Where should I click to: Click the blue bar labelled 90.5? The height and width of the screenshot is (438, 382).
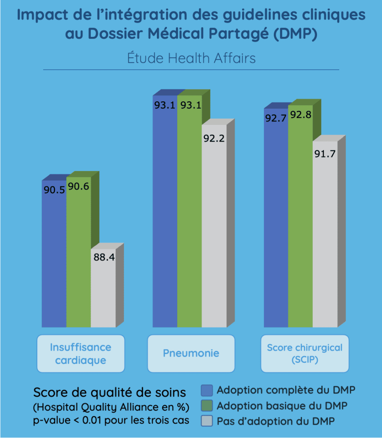click(x=54, y=257)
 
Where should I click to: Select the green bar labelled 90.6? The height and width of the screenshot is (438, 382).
click(x=79, y=257)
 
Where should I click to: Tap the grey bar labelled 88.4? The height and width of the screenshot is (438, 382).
click(x=103, y=291)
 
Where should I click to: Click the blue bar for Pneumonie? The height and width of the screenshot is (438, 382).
click(x=165, y=214)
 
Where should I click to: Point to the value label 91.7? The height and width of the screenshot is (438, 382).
click(x=325, y=154)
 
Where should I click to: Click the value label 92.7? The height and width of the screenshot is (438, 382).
click(x=275, y=118)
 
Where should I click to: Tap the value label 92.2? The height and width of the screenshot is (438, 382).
click(x=214, y=138)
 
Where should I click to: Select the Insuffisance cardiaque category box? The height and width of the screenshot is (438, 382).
click(x=80, y=353)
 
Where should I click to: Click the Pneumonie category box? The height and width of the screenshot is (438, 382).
click(x=191, y=353)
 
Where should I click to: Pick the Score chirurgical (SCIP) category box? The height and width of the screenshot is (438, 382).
click(x=305, y=353)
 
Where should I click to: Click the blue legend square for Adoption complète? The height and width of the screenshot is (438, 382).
click(x=207, y=391)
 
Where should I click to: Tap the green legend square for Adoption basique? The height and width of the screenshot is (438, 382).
click(x=207, y=405)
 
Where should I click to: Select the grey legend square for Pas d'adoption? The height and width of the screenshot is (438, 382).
click(x=207, y=421)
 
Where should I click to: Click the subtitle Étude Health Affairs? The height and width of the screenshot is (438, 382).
click(x=191, y=58)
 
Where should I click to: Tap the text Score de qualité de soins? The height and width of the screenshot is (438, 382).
click(x=110, y=392)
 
